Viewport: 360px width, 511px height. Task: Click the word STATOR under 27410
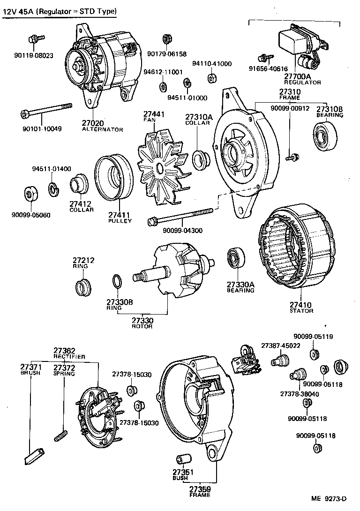[301, 311]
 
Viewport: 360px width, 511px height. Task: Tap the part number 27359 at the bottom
[200, 490]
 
